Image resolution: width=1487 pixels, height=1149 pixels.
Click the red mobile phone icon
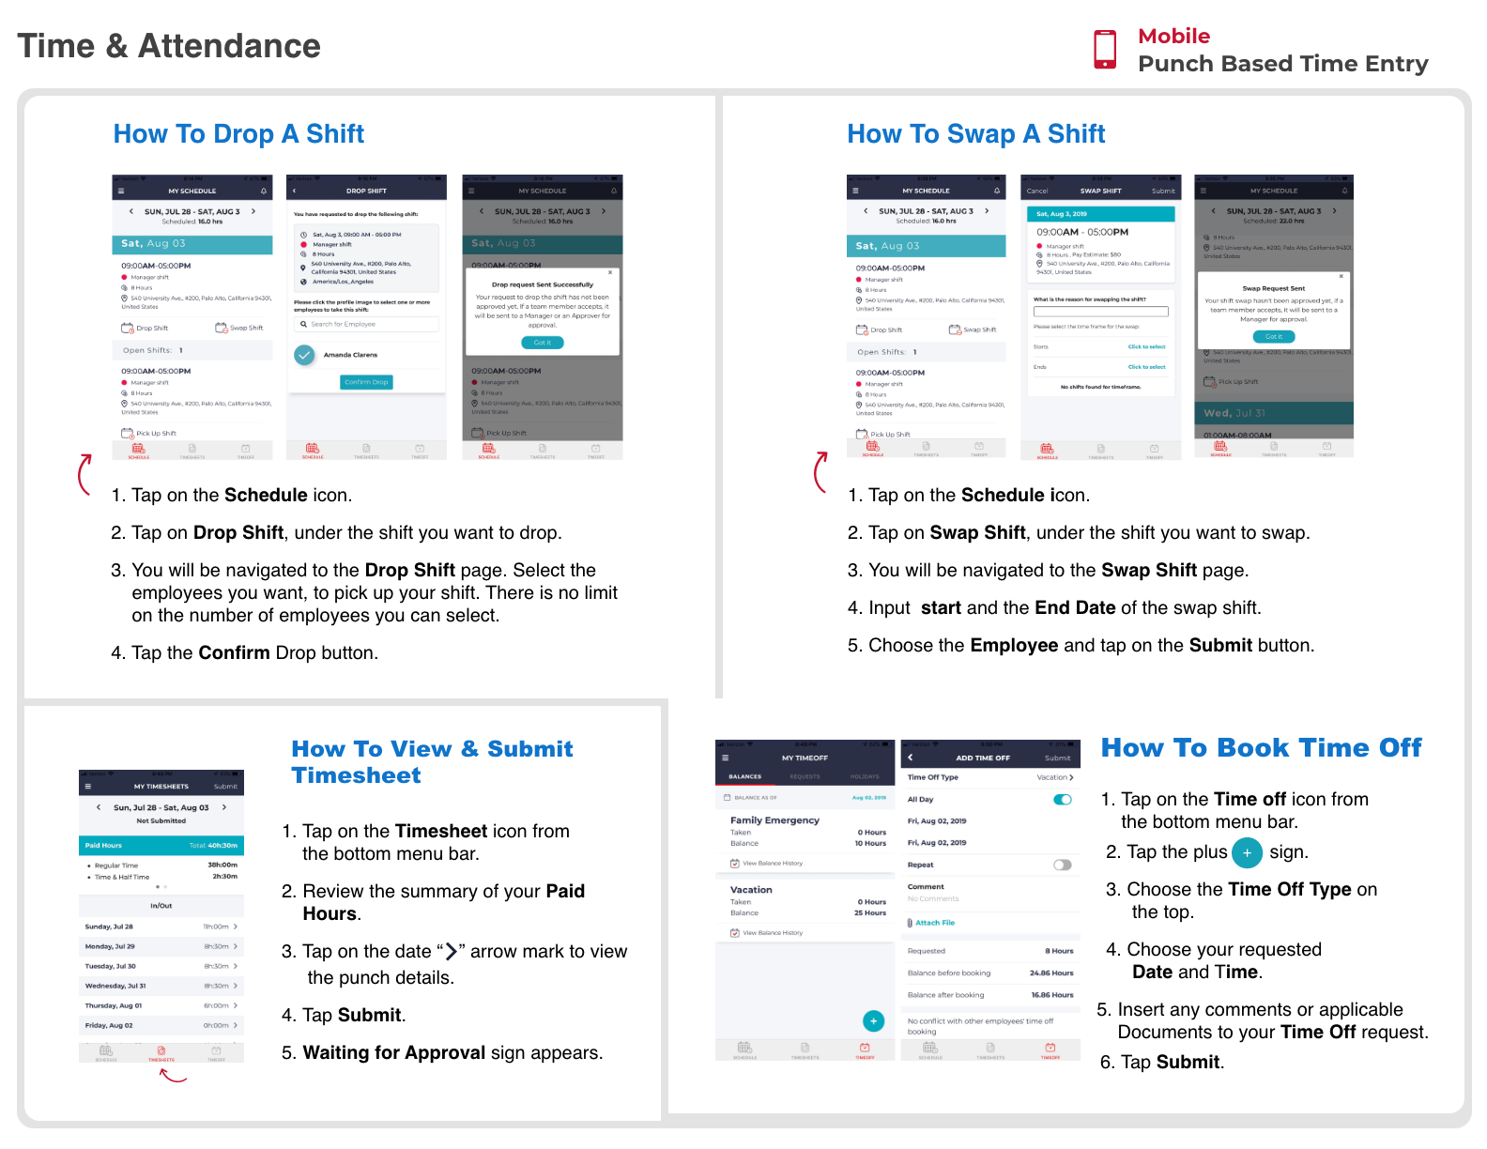coord(1105,49)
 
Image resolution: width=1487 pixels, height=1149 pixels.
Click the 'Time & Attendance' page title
coord(169,46)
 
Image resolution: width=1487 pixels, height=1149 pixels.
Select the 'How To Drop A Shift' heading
coord(238,134)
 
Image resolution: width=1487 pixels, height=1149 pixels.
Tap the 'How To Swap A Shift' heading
coord(975,134)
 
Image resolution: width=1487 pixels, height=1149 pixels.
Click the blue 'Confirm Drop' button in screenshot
coord(366,382)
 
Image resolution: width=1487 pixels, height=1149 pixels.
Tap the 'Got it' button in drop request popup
coord(543,343)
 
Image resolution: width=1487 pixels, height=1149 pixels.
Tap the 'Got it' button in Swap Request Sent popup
coord(1273,336)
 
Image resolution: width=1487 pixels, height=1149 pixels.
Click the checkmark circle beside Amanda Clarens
coord(304,355)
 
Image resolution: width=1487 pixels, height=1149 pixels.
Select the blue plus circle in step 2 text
coord(1247,852)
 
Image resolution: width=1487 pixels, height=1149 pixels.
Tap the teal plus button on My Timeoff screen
coord(873,1020)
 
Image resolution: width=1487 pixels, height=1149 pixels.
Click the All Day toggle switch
coord(1062,800)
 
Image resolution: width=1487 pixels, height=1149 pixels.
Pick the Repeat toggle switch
coord(1062,865)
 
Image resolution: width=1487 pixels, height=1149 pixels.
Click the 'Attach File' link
coord(934,923)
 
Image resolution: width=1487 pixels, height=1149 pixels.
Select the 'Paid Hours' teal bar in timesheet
coord(161,845)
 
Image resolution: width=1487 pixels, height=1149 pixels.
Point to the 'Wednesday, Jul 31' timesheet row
coord(161,986)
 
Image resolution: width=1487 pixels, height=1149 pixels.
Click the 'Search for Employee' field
coord(366,324)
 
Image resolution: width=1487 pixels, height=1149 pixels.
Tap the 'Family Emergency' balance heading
coord(774,820)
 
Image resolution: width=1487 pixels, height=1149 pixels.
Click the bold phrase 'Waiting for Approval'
coord(393,1052)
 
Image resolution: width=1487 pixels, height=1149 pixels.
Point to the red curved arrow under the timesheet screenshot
coord(173,1076)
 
